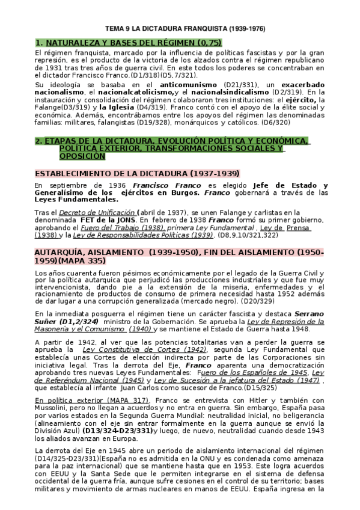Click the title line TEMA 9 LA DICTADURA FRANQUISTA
(x=180, y=28)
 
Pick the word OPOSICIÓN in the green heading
(x=82, y=156)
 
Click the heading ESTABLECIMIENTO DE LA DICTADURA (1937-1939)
(x=136, y=173)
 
